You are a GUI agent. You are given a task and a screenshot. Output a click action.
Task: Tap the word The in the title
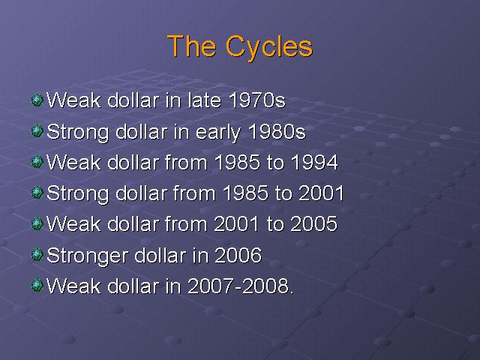pos(191,46)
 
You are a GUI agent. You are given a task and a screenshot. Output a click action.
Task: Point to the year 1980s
pos(277,132)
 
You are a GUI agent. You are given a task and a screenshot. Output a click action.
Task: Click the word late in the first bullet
pos(204,100)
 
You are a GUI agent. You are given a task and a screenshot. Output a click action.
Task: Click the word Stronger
pos(87,256)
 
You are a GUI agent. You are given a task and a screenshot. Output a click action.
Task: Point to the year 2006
pos(238,255)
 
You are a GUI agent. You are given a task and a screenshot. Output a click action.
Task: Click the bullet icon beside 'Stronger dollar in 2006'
pos(37,255)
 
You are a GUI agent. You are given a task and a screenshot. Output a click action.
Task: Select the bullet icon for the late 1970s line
pos(37,100)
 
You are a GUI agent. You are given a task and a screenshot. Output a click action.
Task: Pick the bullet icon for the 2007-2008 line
pos(37,286)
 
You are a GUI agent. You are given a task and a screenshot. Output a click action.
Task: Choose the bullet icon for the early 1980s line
pos(37,131)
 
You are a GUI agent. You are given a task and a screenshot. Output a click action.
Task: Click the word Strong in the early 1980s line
pos(78,133)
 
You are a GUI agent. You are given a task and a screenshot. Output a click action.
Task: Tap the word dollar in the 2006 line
pos(160,255)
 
